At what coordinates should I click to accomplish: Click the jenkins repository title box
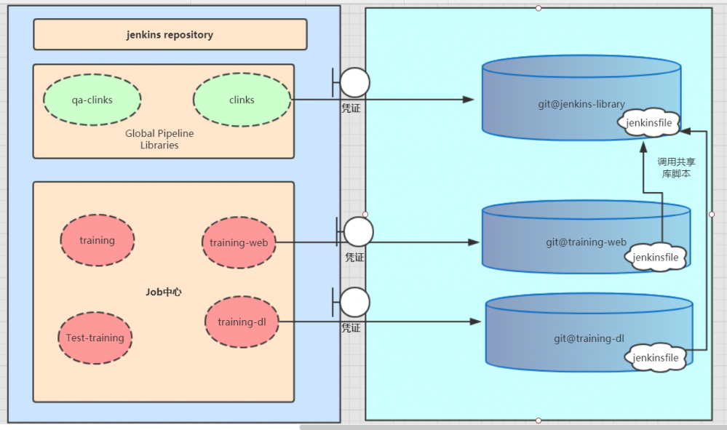coord(170,34)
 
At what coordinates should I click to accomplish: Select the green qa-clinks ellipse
coord(92,100)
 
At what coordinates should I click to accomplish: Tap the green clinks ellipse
coord(242,100)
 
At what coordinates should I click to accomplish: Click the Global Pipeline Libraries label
coord(159,139)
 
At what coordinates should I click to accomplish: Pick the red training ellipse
coord(97,240)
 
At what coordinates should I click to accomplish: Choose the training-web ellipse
coord(239,242)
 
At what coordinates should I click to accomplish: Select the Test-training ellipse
coord(95,338)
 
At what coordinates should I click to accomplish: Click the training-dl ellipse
coord(242,322)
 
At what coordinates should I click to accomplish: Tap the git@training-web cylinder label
coord(587,242)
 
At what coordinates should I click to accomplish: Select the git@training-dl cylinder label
coord(589,338)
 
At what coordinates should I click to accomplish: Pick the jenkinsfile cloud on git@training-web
coord(655,258)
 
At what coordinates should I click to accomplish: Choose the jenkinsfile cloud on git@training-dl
coord(655,357)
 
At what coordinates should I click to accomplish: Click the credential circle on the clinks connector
coord(354,83)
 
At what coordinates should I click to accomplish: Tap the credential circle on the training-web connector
coord(358,231)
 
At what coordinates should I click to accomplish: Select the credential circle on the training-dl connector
coord(354,302)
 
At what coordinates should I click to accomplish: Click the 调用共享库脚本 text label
coord(676,168)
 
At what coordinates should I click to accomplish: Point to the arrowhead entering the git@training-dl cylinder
coord(477,322)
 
